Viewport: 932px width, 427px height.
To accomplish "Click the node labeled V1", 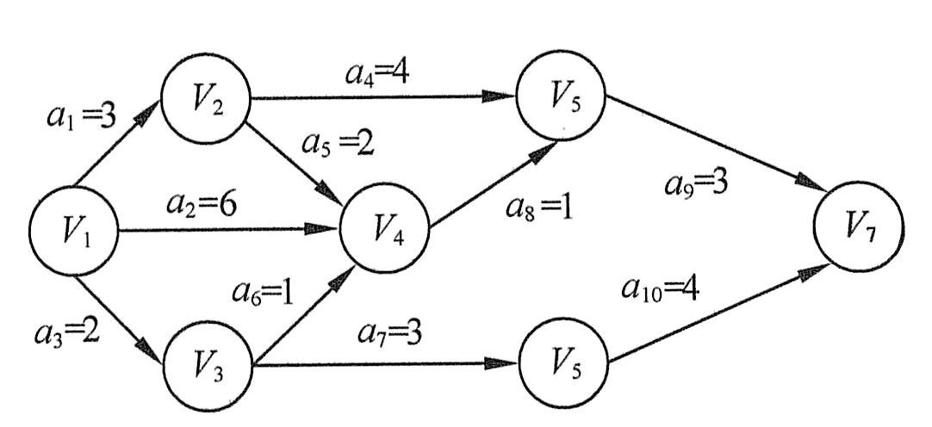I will (71, 230).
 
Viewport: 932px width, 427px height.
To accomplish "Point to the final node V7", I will (859, 229).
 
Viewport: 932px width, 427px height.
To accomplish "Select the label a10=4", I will (661, 288).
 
